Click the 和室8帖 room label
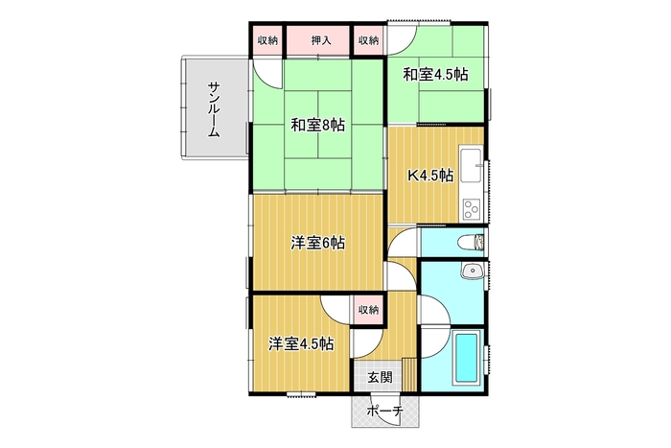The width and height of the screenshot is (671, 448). [x=317, y=126]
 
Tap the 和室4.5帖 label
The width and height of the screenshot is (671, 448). [x=435, y=75]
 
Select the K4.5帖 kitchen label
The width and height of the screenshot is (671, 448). [x=430, y=176]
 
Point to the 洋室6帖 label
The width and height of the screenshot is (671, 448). [x=317, y=244]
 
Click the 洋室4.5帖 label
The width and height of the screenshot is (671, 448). [x=302, y=344]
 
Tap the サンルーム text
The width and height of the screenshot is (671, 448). [x=215, y=109]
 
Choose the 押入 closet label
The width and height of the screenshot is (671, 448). [x=321, y=40]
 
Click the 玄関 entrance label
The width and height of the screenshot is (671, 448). [x=380, y=377]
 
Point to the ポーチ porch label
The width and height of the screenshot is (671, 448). [x=385, y=412]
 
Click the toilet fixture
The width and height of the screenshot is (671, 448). [x=471, y=243]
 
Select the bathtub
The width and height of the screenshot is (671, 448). [x=466, y=358]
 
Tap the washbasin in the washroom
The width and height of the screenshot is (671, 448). [x=473, y=271]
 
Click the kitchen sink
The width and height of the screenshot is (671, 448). [x=471, y=165]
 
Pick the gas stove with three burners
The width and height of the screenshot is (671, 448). [x=472, y=209]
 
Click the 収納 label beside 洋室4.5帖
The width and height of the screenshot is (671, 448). [x=368, y=310]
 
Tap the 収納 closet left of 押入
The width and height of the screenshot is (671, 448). [x=267, y=40]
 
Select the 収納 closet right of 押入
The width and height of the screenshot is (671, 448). [x=368, y=40]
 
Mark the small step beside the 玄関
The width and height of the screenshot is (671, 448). [x=409, y=375]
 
